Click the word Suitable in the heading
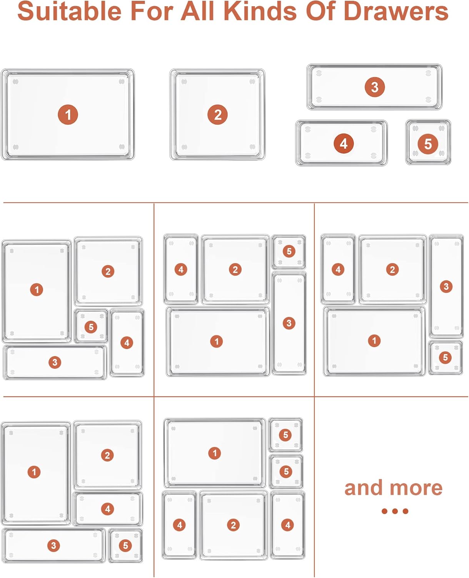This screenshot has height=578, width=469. click(x=70, y=11)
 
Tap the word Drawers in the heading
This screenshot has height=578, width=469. click(x=396, y=11)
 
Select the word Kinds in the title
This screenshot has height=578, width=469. click(x=260, y=11)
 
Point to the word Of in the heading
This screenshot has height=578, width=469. click(x=321, y=11)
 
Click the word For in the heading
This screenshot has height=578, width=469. click(x=152, y=11)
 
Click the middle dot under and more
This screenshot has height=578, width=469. click(x=395, y=511)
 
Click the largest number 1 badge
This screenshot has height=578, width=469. click(x=68, y=114)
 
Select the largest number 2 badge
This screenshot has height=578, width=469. click(x=217, y=114)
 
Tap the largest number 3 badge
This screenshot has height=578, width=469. click(x=375, y=87)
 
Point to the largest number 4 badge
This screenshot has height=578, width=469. click(x=344, y=144)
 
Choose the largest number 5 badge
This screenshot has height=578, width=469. click(x=428, y=144)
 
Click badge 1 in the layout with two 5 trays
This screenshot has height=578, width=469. click(x=215, y=453)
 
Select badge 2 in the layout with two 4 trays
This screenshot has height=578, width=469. click(x=233, y=525)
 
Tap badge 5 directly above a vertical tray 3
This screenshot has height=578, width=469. click(x=289, y=251)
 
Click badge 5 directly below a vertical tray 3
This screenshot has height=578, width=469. click(x=446, y=357)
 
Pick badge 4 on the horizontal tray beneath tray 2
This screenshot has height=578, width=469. click(x=108, y=509)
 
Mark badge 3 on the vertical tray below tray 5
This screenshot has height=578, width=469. click(x=289, y=323)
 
